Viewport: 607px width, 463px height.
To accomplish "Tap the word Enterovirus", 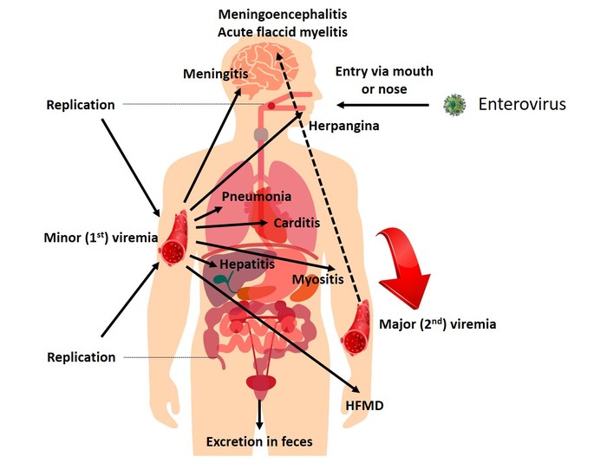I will pos(522,105).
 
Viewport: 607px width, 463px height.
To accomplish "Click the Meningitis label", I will pos(215,74).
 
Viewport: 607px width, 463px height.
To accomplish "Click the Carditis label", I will pos(297,223).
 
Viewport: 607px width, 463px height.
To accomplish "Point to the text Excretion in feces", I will pos(259,442).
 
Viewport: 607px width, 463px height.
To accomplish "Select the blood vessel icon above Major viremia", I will pos(357,328).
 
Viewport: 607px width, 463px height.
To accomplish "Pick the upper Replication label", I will pos(81,105).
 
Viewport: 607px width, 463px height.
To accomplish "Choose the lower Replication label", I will pos(81,357).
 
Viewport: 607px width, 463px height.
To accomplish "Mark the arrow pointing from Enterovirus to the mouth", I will pos(382,105).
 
